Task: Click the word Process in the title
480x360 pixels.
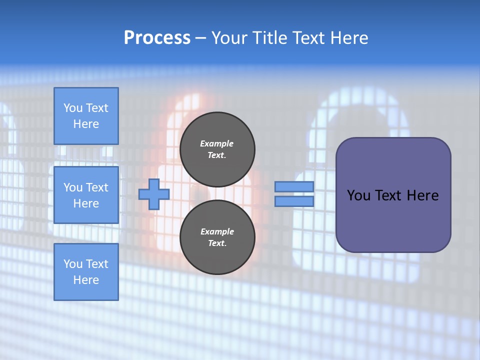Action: point(157,38)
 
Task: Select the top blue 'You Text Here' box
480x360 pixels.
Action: point(86,116)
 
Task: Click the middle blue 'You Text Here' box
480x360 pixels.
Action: point(86,195)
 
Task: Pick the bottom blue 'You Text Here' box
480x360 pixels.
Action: point(86,272)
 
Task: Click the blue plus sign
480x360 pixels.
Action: point(154,194)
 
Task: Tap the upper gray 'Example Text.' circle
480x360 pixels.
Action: point(217,149)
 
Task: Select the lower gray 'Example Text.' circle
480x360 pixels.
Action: point(217,237)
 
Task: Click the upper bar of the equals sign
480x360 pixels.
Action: point(294,187)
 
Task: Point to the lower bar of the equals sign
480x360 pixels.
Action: point(294,201)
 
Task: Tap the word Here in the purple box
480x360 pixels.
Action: point(423,195)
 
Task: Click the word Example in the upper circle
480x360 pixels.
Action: point(217,143)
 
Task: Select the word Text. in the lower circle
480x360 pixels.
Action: point(217,243)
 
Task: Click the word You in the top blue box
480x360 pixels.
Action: point(72,108)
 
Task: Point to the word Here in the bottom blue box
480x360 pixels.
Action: point(86,280)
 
